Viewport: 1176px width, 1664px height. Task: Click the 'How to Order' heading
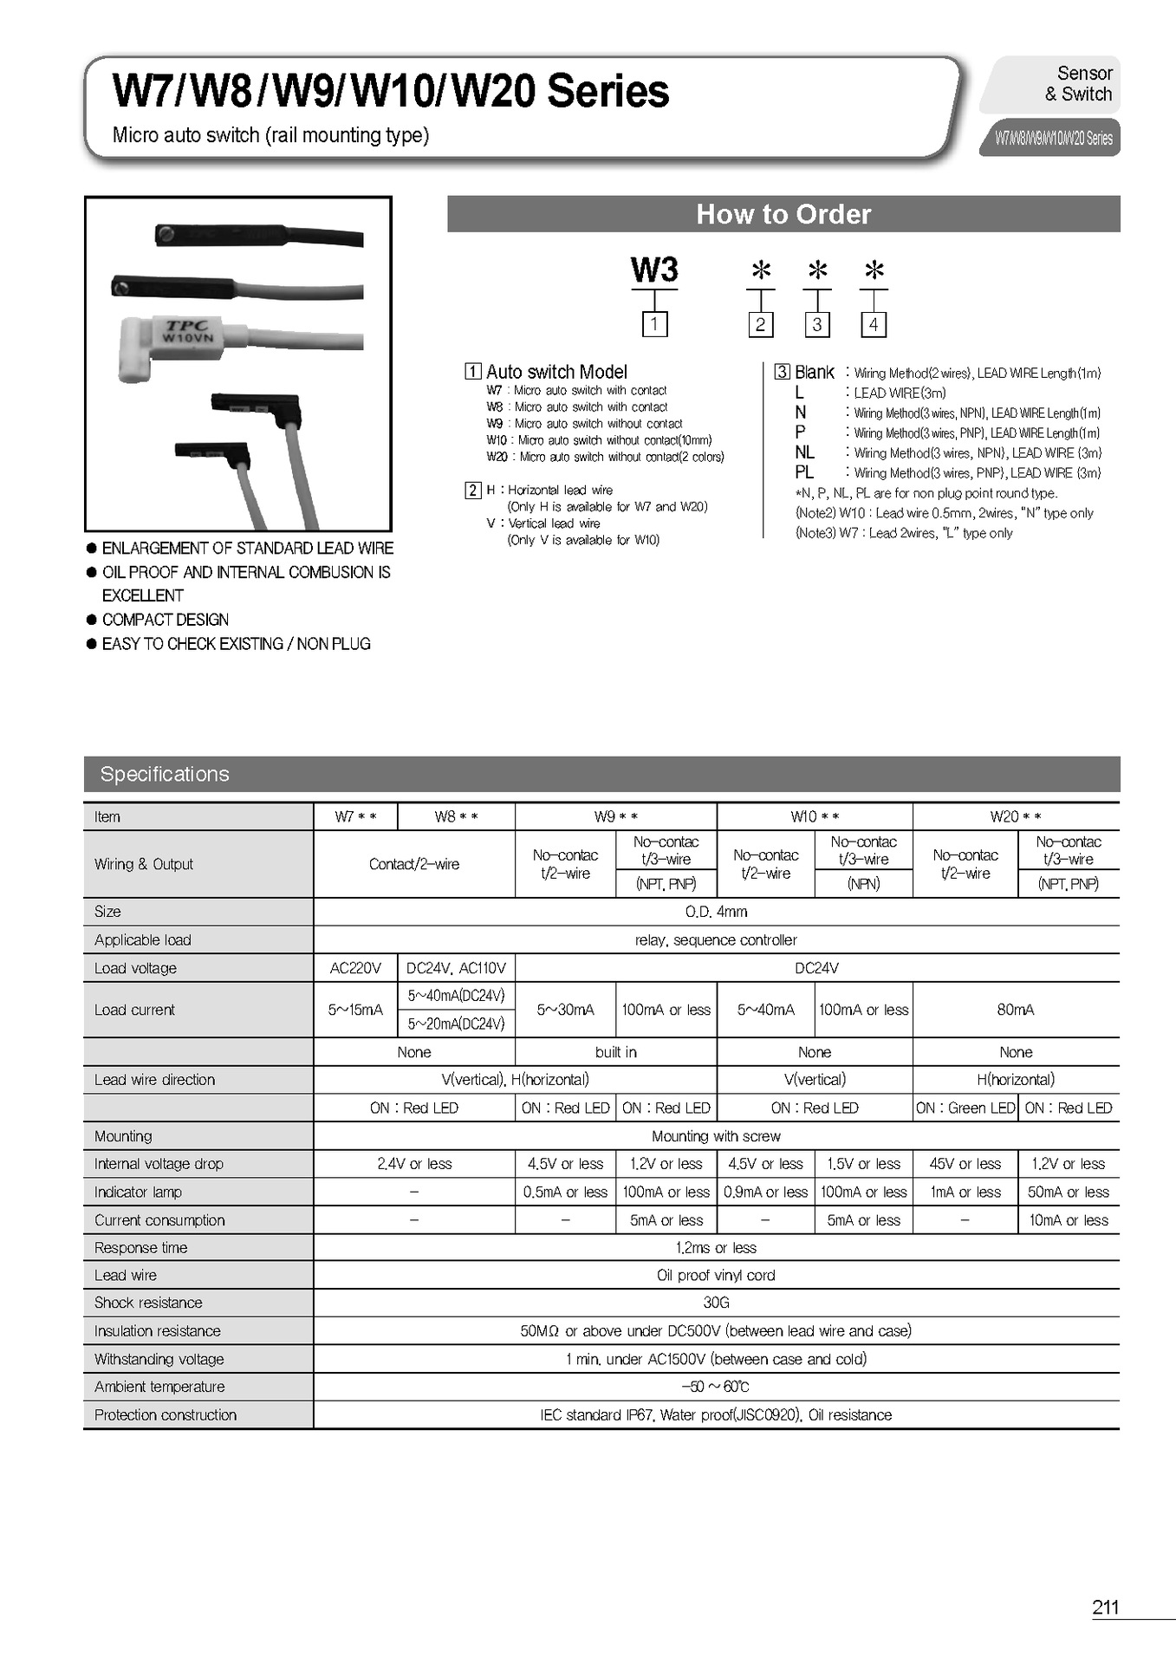(x=783, y=214)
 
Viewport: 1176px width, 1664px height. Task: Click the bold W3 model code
(x=654, y=270)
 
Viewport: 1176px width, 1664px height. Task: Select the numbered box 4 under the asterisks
(x=874, y=324)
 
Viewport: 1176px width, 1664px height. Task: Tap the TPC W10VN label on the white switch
(x=188, y=332)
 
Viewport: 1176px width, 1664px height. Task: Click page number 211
(x=1105, y=1607)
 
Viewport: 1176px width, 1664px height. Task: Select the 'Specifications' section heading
(x=165, y=774)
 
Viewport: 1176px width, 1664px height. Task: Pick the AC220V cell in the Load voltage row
(x=355, y=968)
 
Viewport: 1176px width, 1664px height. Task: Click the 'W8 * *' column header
(x=456, y=816)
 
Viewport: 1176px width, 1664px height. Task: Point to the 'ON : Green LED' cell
(x=965, y=1108)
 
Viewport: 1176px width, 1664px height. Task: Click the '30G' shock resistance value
(x=716, y=1303)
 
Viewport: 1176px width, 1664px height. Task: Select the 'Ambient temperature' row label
(x=159, y=1387)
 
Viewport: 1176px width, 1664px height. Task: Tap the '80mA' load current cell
(x=1015, y=1010)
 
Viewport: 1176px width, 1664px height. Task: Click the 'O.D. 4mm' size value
(x=716, y=912)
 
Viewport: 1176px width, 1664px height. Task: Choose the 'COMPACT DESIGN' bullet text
(x=166, y=620)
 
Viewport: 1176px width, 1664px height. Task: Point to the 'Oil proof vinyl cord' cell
(x=716, y=1275)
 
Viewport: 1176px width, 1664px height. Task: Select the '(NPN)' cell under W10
(x=863, y=884)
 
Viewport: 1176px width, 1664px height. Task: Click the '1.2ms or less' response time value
(x=716, y=1247)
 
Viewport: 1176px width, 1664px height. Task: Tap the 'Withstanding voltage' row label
(x=159, y=1359)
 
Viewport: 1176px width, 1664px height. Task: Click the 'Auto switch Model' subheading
(x=556, y=372)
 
